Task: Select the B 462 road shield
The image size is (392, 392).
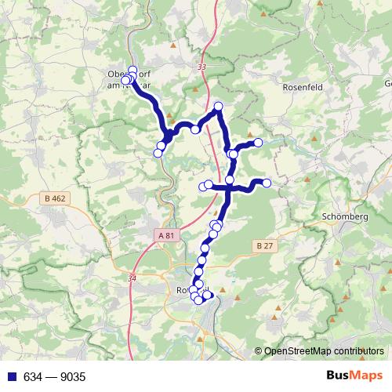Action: tap(56, 199)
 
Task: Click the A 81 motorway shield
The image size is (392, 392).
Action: tap(165, 234)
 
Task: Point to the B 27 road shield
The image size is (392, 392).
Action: tap(264, 245)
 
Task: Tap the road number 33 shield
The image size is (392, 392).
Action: tap(202, 67)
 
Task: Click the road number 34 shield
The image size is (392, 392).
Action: tap(131, 278)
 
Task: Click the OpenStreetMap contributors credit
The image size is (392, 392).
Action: tap(324, 352)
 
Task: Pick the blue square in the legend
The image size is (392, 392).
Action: tap(12, 377)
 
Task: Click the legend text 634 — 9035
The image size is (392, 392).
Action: tap(54, 377)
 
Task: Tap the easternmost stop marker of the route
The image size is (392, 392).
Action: tap(267, 183)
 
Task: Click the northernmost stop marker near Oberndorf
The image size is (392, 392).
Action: tap(132, 70)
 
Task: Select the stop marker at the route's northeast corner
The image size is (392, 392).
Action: tap(218, 106)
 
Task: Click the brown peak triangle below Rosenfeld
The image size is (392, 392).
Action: tap(316, 139)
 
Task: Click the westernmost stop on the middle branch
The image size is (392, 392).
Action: tap(202, 187)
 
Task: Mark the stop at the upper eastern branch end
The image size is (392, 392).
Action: tap(258, 142)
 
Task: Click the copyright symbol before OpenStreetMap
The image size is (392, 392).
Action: tap(258, 352)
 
